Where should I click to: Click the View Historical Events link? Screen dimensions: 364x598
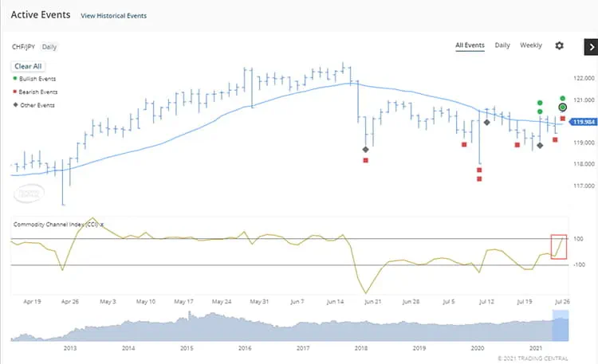(114, 16)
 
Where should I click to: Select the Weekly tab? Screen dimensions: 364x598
(531, 45)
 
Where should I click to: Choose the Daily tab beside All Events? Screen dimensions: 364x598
(502, 45)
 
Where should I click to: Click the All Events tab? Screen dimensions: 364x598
(470, 45)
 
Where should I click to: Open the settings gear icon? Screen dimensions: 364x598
(559, 45)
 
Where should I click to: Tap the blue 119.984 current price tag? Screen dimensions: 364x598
(584, 122)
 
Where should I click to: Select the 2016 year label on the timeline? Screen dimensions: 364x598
(244, 349)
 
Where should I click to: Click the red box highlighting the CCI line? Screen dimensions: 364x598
(559, 245)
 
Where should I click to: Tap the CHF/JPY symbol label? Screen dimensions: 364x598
(23, 47)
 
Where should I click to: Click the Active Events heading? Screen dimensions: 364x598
(41, 15)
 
